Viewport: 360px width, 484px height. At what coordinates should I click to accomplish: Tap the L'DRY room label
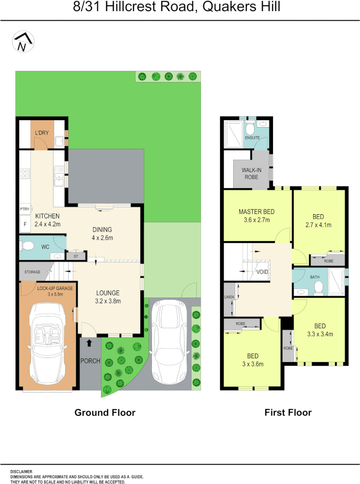pos(43,133)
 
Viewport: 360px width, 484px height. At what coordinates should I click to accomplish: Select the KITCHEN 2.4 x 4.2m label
pos(48,220)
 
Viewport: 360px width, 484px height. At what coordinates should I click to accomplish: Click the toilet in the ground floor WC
pos(28,246)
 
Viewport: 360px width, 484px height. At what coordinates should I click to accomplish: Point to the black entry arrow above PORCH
pos(89,343)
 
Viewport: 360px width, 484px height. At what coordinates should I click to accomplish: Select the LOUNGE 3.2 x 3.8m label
pos(108,297)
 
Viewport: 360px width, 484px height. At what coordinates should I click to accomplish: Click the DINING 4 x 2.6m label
pos(102,233)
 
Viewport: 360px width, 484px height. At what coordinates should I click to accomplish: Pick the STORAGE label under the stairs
pos(32,272)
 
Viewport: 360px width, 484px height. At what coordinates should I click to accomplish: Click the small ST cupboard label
pos(75,256)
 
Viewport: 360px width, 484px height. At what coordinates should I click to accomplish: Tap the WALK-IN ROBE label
pos(252,173)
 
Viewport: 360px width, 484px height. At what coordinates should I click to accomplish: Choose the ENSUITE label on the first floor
pos(252,137)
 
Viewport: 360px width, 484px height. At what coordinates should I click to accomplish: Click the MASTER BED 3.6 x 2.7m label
pos(256,216)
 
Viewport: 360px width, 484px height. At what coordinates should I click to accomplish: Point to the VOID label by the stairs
pos(262,272)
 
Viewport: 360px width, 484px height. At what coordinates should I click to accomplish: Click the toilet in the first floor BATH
pos(318,287)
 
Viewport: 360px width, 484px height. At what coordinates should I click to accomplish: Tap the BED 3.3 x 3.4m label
pos(320,330)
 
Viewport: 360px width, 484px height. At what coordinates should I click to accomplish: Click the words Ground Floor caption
pos(104,412)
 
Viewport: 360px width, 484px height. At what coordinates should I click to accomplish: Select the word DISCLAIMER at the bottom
pos(21,472)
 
